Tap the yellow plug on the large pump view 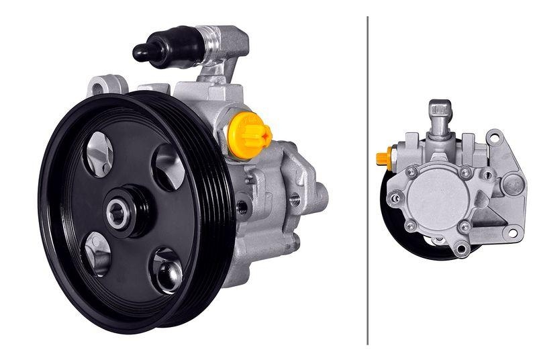[249, 134]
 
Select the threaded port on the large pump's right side [294, 198]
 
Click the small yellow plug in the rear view [383, 159]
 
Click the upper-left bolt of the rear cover [411, 172]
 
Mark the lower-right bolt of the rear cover [465, 227]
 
